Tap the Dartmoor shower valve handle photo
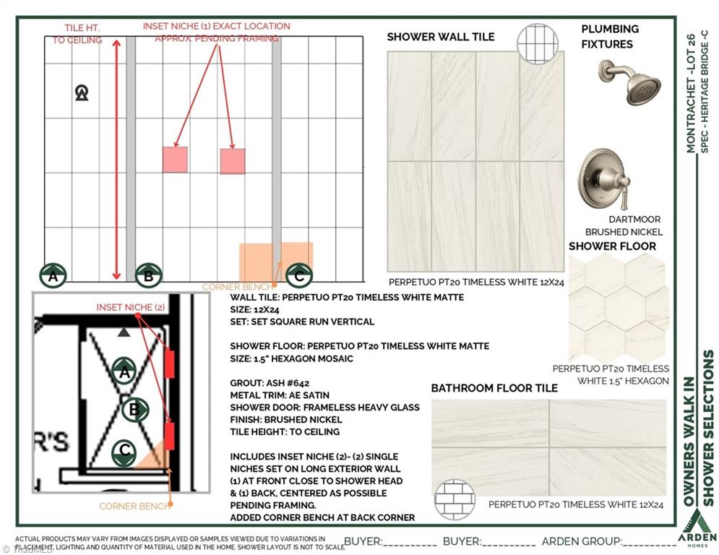(x=603, y=178)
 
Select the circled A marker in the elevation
(x=53, y=275)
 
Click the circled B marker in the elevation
(x=148, y=275)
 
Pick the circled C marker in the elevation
(x=299, y=275)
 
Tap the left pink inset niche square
(x=175, y=160)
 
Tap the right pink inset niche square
(x=232, y=161)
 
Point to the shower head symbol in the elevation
(x=82, y=92)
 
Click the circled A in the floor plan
(x=124, y=371)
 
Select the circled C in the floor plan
(x=124, y=451)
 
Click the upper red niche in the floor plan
(x=170, y=364)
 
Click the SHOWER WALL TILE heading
(x=441, y=37)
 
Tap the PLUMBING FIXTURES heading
(x=610, y=36)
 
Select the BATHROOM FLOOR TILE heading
(x=494, y=388)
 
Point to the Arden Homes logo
(x=697, y=527)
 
